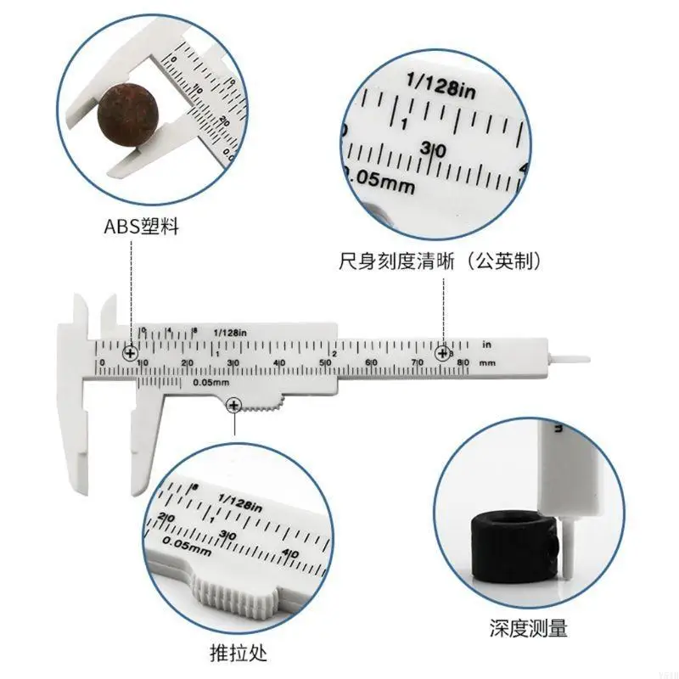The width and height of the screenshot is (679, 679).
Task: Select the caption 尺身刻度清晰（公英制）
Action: (x=438, y=260)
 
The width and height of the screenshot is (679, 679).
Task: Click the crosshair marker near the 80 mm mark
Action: (x=443, y=353)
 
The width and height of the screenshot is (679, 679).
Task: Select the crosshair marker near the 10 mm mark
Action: (x=130, y=352)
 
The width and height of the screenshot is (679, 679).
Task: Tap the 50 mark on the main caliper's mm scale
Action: (x=324, y=363)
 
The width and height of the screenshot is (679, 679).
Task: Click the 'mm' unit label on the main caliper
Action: (x=487, y=363)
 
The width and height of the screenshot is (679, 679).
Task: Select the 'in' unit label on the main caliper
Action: (x=487, y=345)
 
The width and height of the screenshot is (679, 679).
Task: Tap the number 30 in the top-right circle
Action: (x=433, y=150)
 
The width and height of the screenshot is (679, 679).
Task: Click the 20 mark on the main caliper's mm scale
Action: (x=188, y=363)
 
